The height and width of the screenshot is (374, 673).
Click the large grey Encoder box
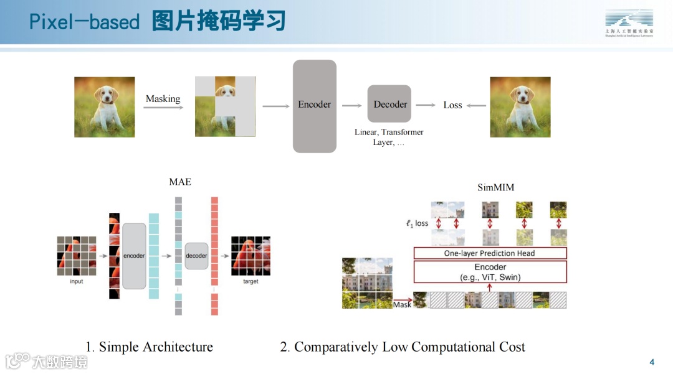[x=315, y=106]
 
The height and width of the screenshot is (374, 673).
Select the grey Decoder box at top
[x=389, y=105]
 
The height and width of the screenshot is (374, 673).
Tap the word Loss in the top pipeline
[x=452, y=105]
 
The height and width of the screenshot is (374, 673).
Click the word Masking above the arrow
[x=163, y=98]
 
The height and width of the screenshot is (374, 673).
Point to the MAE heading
[x=180, y=182]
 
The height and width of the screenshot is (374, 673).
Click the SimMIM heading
[x=495, y=187]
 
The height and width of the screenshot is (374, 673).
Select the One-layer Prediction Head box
[x=490, y=253]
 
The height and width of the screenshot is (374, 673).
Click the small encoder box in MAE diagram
[x=134, y=256]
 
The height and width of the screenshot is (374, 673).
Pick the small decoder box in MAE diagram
[x=196, y=256]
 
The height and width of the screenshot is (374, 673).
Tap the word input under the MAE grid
[x=76, y=281]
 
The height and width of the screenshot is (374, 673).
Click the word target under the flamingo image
[x=251, y=282]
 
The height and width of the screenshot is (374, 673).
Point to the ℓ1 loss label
[x=417, y=223]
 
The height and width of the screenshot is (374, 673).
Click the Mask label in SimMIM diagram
[x=402, y=305]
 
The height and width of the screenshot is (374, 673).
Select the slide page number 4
[x=652, y=362]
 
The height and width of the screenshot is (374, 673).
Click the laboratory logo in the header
[x=629, y=23]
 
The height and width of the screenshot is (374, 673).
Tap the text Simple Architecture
[x=156, y=347]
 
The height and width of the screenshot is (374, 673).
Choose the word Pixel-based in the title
[x=85, y=22]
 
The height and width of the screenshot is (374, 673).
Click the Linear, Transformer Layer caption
[x=389, y=137]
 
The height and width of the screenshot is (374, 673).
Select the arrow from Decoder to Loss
[x=426, y=105]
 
